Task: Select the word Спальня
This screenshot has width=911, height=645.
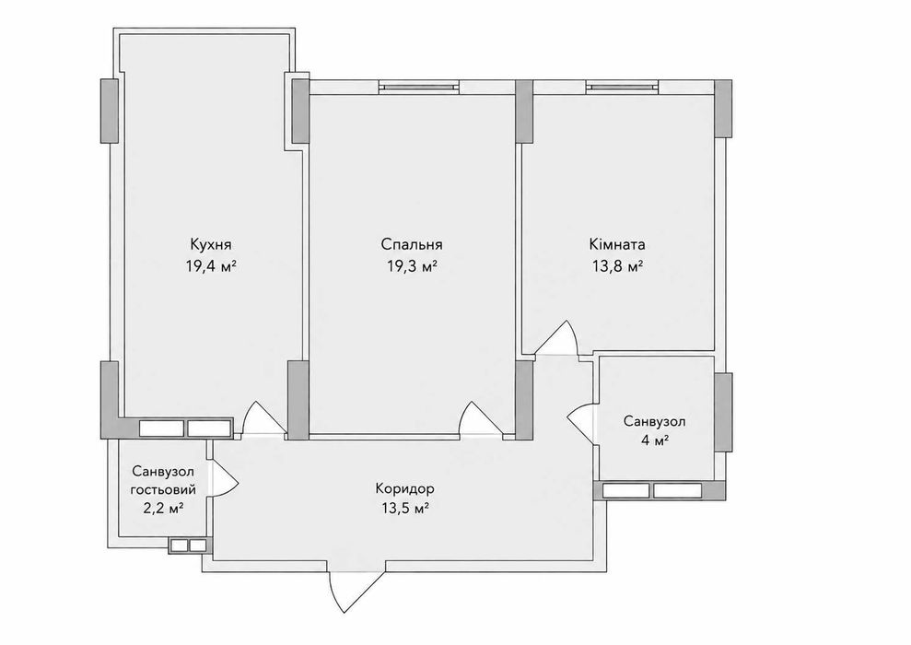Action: pyautogui.click(x=413, y=244)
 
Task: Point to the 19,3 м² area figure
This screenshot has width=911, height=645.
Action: pyautogui.click(x=413, y=266)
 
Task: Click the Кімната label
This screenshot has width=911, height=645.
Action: pyautogui.click(x=617, y=244)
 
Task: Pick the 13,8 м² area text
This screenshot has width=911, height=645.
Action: pyautogui.click(x=617, y=266)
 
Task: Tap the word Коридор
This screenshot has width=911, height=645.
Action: pyautogui.click(x=405, y=488)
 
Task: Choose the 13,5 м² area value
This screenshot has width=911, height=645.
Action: pyautogui.click(x=405, y=509)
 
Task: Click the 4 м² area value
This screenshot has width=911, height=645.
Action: pyautogui.click(x=655, y=441)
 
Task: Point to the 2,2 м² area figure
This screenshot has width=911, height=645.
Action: pyautogui.click(x=163, y=509)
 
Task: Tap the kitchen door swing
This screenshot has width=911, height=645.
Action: pyautogui.click(x=263, y=417)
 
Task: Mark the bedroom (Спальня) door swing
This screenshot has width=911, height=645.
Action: pyautogui.click(x=480, y=417)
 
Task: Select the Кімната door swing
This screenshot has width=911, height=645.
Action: pyautogui.click(x=556, y=337)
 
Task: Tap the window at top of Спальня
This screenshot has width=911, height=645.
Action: pyautogui.click(x=418, y=88)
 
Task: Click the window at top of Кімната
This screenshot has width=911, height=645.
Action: pyautogui.click(x=623, y=88)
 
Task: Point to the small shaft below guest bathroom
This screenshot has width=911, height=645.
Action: pyautogui.click(x=188, y=546)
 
